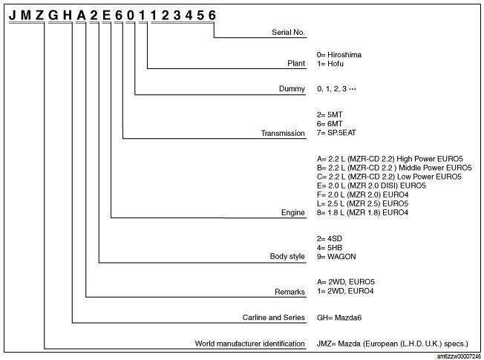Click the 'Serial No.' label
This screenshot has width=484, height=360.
pyautogui.click(x=288, y=32)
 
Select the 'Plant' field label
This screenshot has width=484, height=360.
pyautogui.click(x=296, y=63)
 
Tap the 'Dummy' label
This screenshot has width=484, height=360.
pyautogui.click(x=292, y=89)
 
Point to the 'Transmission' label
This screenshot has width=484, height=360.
pyautogui.click(x=283, y=133)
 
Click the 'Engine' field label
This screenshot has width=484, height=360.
pyautogui.click(x=293, y=212)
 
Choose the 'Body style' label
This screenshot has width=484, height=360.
pyautogui.click(x=287, y=256)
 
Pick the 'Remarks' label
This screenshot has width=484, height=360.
pyautogui.click(x=290, y=292)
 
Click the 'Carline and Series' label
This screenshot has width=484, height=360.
pyautogui.click(x=273, y=318)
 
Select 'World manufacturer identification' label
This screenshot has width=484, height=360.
pyautogui.click(x=249, y=344)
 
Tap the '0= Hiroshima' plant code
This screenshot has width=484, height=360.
pyautogui.click(x=339, y=55)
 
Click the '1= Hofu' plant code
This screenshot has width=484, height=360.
pyautogui.click(x=330, y=64)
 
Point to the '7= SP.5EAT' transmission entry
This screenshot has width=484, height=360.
pyautogui.click(x=336, y=133)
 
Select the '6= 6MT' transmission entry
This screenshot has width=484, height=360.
pyautogui.click(x=330, y=124)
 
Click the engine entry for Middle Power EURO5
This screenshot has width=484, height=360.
pyautogui.click(x=394, y=168)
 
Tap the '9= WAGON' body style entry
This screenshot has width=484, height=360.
pyautogui.click(x=336, y=257)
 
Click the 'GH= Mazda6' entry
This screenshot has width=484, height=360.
pyautogui.click(x=339, y=318)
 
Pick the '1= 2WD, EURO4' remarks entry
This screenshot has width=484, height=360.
pyautogui.click(x=345, y=291)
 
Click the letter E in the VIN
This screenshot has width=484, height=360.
pyautogui.click(x=106, y=15)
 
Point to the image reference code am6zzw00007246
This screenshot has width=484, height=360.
pyautogui.click(x=459, y=356)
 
